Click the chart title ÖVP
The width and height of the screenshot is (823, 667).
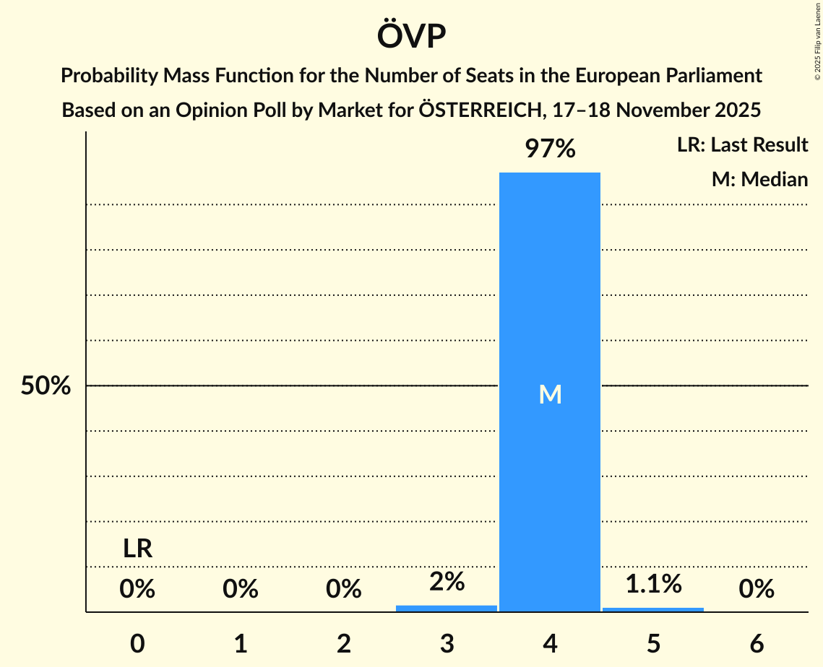[411, 36]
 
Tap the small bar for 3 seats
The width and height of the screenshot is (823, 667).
[447, 608]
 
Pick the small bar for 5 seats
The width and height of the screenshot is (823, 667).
[653, 609]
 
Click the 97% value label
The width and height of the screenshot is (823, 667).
[550, 149]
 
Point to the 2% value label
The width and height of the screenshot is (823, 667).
[447, 582]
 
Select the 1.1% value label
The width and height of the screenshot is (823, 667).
[653, 584]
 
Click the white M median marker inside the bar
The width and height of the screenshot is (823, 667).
[550, 394]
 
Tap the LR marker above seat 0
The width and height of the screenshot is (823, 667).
[137, 549]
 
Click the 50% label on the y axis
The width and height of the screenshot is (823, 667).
[46, 386]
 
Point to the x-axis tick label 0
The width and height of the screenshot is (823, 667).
[137, 644]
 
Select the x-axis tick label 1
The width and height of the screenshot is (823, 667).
[241, 644]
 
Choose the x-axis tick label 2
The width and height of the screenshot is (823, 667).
[344, 644]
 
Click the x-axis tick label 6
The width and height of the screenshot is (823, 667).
[757, 644]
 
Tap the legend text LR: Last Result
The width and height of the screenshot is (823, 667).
[742, 145]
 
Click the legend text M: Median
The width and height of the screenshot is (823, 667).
[759, 179]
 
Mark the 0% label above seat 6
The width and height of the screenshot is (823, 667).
[757, 590]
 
